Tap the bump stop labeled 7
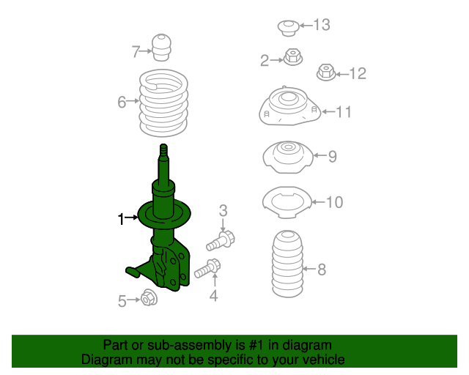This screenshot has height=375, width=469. point(162,48)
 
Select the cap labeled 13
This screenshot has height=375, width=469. point(288,28)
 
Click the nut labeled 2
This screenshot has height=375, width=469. point(293,57)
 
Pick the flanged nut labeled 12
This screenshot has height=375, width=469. point(326,73)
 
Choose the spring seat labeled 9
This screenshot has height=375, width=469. point(288,157)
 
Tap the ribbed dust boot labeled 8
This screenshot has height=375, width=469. point(287,264)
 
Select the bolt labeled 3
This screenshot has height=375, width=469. point(221,241)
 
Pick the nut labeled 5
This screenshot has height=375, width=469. point(149,297)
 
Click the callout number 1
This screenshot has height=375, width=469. point(121,219)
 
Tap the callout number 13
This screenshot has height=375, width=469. point(322,25)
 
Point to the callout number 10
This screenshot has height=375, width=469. point(334,202)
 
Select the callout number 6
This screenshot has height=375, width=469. point(122,102)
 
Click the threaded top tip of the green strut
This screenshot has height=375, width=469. point(163,146)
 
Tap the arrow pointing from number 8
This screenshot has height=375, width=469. point(309,269)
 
